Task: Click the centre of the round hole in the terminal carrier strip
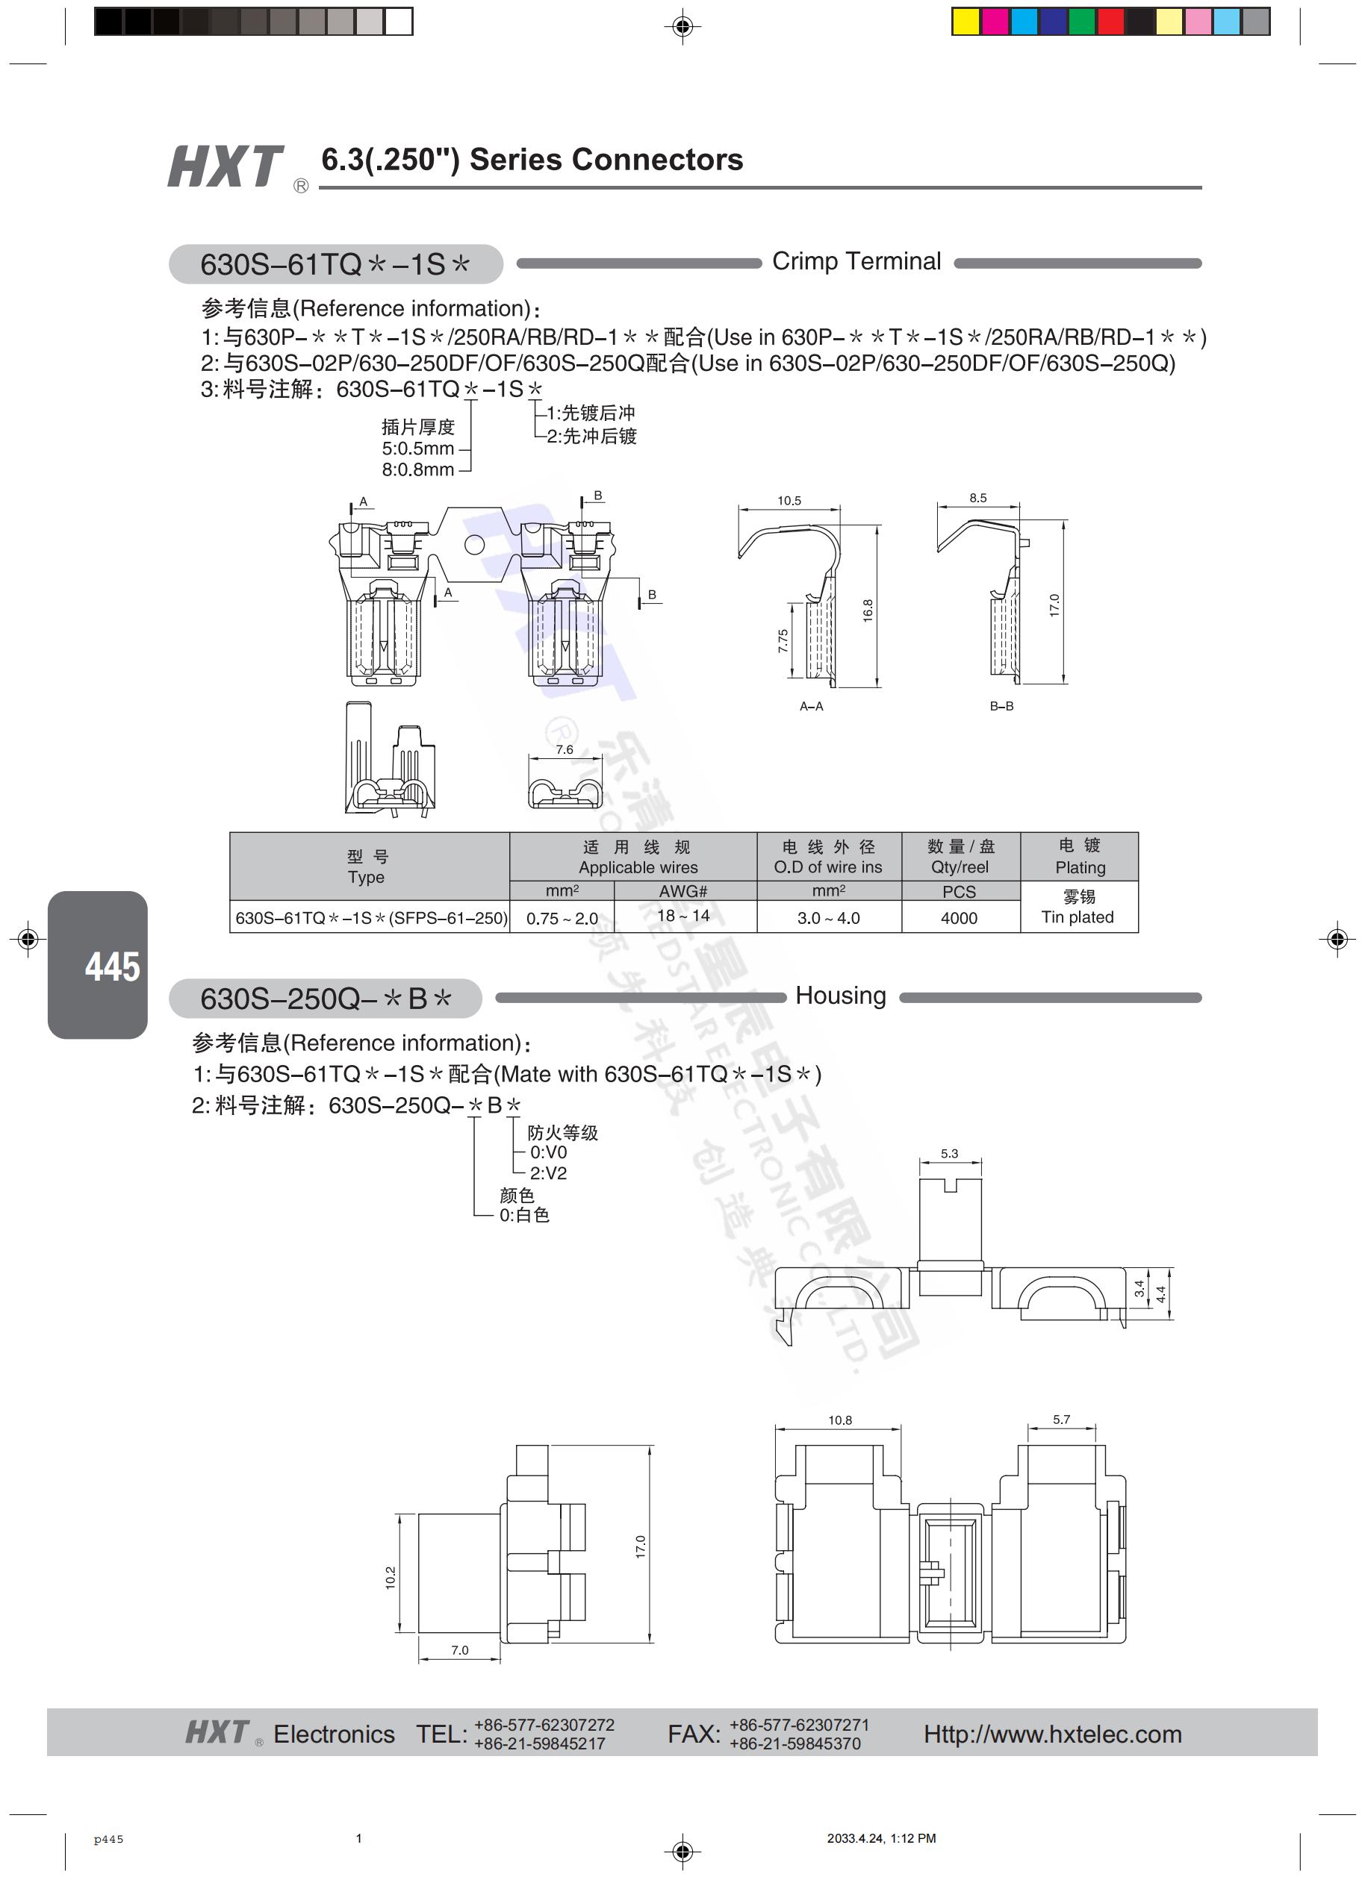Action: coord(473,545)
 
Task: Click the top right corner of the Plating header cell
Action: coord(1138,833)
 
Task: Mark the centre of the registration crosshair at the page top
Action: coord(682,27)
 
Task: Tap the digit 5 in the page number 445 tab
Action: coord(130,966)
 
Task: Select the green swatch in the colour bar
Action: coord(1081,22)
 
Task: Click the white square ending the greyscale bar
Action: coord(399,22)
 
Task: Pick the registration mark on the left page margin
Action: coord(28,939)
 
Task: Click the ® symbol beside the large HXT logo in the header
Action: coord(301,186)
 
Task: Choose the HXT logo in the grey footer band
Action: coord(217,1731)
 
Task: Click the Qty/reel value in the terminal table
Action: coord(960,918)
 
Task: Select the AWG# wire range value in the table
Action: coord(683,915)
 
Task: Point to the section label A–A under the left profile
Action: coord(811,706)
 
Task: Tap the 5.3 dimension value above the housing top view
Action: coord(950,1153)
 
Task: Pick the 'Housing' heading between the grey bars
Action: coord(841,996)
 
